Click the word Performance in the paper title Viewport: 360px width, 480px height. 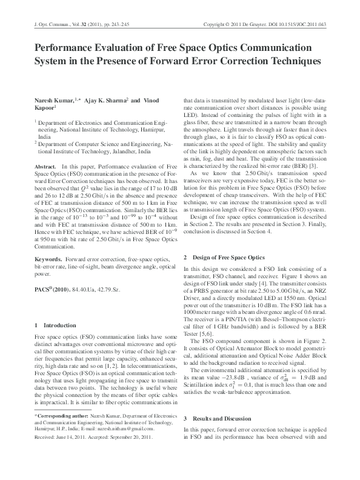click(x=64, y=48)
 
